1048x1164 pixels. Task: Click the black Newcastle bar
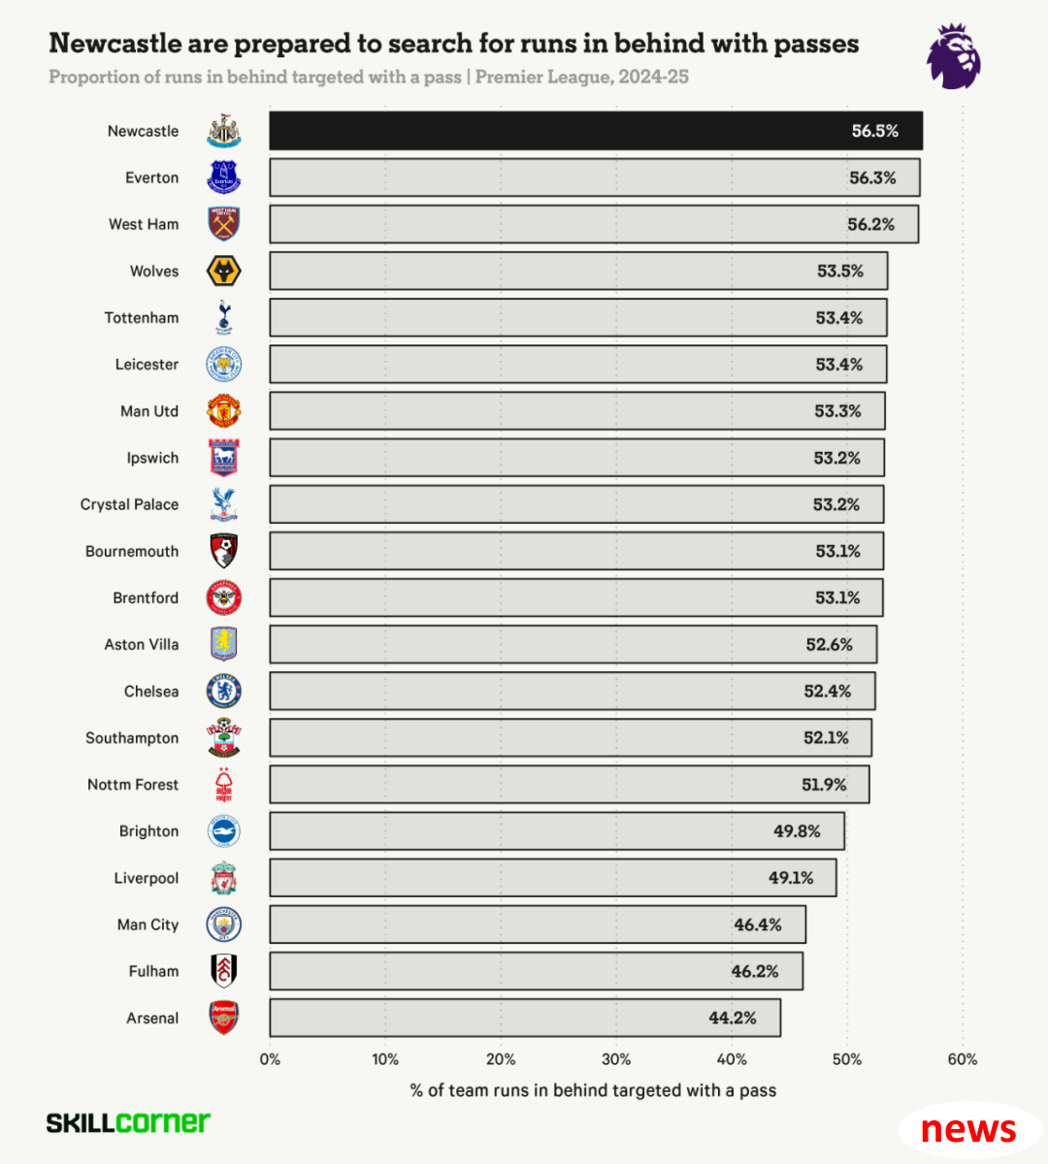point(596,131)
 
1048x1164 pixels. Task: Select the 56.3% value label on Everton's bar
point(872,178)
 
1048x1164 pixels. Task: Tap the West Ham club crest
point(224,224)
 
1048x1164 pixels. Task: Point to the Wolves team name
point(154,272)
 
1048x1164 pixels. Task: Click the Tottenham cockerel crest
point(224,317)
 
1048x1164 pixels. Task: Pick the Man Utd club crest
point(224,411)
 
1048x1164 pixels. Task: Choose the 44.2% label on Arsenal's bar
point(732,1018)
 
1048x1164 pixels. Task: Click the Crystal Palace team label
point(129,504)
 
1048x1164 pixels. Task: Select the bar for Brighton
point(557,831)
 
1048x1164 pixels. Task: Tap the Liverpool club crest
point(224,878)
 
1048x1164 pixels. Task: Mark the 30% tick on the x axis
point(616,1059)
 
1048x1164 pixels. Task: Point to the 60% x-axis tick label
point(962,1059)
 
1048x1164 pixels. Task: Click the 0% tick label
point(270,1059)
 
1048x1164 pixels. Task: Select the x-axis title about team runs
point(593,1090)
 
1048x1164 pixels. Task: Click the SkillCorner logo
point(128,1122)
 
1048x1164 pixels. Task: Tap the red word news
point(967,1129)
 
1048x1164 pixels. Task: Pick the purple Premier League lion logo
point(953,58)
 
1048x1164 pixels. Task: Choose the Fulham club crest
point(224,971)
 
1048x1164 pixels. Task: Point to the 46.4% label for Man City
point(757,924)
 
